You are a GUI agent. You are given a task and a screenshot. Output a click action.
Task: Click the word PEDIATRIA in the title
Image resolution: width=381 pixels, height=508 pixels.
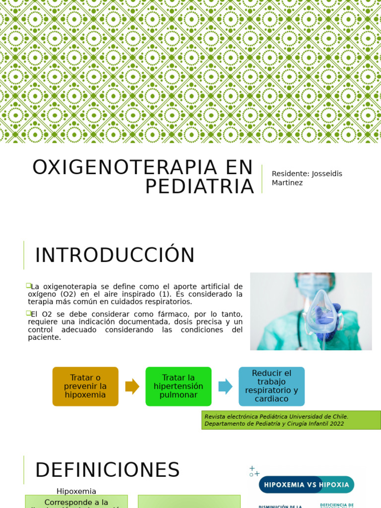click(x=199, y=187)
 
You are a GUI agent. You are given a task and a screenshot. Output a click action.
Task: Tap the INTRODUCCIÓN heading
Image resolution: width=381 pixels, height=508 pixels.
click(x=115, y=255)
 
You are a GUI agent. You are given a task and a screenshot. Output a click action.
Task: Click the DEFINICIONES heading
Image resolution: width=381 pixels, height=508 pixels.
click(x=107, y=470)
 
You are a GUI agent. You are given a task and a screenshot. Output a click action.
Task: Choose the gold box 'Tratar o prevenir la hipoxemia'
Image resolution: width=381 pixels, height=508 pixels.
click(x=85, y=386)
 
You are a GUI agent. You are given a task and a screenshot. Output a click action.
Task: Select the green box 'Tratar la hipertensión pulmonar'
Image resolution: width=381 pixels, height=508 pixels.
click(x=179, y=386)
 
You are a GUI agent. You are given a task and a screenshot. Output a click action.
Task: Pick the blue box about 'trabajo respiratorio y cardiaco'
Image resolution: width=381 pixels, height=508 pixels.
click(x=271, y=386)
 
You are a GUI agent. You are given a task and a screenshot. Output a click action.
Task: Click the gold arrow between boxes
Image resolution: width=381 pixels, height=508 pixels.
click(x=132, y=386)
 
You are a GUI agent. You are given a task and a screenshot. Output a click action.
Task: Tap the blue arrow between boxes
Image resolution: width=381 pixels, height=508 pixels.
click(x=225, y=386)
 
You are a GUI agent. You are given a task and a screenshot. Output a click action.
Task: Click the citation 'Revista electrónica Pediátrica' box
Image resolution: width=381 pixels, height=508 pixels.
click(x=291, y=420)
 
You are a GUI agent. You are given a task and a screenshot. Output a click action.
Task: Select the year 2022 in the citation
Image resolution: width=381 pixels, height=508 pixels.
click(x=335, y=424)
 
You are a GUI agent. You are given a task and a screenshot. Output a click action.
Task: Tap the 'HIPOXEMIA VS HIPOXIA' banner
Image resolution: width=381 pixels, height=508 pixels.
click(x=307, y=484)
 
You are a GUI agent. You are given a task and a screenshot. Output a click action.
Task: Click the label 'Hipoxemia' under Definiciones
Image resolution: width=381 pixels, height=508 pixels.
click(x=76, y=491)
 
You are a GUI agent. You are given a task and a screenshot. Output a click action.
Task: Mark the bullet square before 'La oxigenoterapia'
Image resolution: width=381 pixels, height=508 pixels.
click(x=28, y=286)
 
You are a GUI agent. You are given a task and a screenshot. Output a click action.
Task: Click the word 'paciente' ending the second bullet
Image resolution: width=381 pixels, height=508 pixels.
click(x=44, y=337)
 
